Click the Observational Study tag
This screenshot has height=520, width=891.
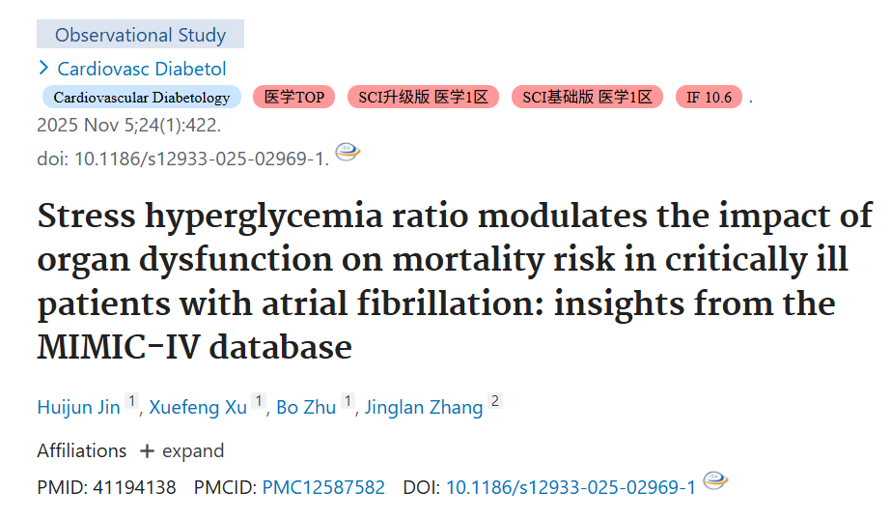coord(140,34)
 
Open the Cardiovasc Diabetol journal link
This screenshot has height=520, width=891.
coord(142,69)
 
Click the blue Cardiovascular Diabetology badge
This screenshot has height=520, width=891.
coord(142,98)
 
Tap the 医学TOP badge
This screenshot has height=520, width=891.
coord(293,98)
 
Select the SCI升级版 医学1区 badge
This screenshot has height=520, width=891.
coord(424,98)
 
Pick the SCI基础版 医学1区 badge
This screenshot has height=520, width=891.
coord(587,98)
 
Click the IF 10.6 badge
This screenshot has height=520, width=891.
coord(709,98)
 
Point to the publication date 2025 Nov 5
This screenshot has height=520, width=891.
coord(79,125)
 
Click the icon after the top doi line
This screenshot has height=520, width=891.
coord(348,152)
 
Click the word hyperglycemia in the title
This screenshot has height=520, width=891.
coord(264,217)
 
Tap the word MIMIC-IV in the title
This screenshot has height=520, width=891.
coord(119,346)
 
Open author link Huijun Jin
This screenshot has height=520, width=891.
coord(78,407)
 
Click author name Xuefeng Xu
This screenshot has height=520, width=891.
coord(198,407)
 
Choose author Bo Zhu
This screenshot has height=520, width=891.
coord(306,407)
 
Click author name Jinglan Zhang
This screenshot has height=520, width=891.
coord(424,407)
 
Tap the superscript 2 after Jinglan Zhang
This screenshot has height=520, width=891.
coord(495,401)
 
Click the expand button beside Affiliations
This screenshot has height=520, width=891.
coord(181,451)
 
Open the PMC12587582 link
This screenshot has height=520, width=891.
coord(323,487)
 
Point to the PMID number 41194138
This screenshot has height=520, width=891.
coord(134,487)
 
